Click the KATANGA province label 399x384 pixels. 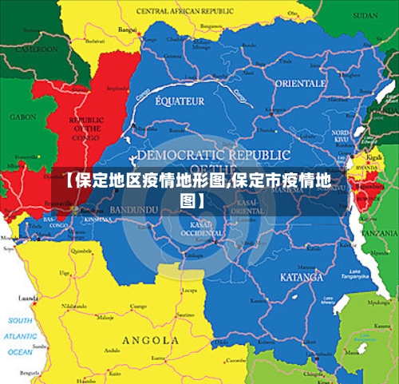[302, 277]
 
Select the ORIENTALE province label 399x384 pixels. [301, 83]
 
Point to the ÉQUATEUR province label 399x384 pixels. [180, 101]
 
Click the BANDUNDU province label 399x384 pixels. [133, 210]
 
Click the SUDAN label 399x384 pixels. [365, 15]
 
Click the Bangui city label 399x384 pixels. [127, 30]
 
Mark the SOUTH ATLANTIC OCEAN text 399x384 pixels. [20, 335]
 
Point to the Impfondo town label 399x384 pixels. [117, 88]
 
